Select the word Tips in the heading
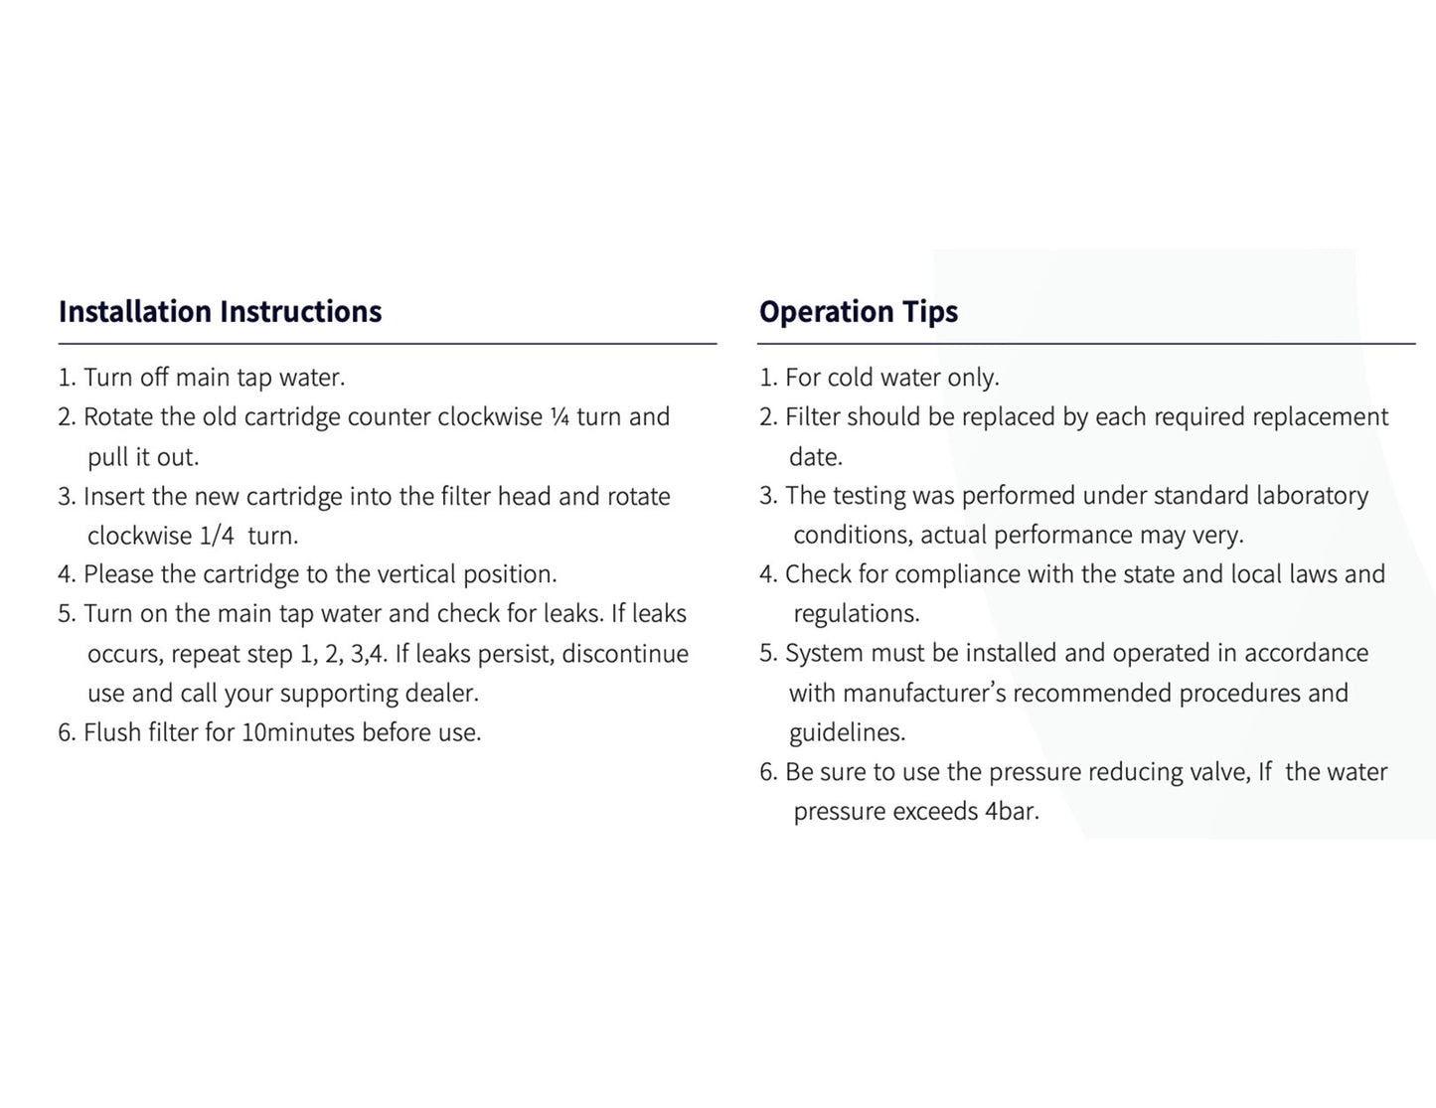coord(930,312)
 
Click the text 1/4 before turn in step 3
coord(217,536)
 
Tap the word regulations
coord(856,614)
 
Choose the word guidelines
coord(847,732)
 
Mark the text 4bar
coord(1012,812)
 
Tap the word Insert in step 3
coord(114,496)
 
